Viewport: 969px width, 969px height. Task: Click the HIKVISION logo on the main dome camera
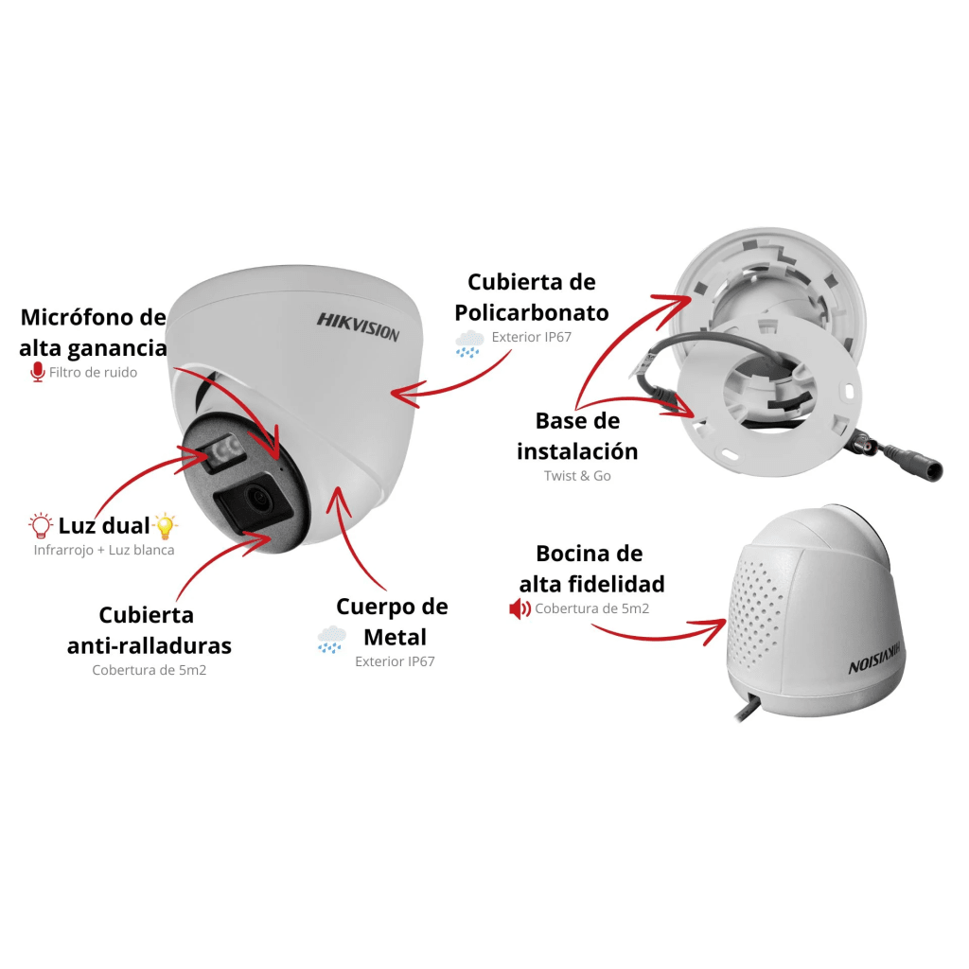(358, 326)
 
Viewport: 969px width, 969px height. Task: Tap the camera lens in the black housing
(256, 496)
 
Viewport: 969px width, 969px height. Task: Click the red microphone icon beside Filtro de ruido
(38, 372)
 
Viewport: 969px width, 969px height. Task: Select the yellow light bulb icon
(165, 526)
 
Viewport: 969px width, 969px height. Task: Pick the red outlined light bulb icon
(41, 525)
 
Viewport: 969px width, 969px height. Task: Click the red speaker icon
(520, 609)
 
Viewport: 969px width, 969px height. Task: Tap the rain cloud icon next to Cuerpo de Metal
(331, 640)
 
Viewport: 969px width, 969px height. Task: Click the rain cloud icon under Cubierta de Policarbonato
(469, 344)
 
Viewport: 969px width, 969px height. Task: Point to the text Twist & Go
(577, 476)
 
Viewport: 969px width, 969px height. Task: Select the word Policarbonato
(532, 312)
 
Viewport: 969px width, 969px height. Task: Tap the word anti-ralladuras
(149, 645)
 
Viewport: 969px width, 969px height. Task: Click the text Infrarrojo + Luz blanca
(104, 550)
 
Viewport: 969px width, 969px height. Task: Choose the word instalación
(577, 451)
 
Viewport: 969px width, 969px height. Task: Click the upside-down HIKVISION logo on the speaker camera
(873, 660)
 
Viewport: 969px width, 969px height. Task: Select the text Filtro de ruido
(93, 373)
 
